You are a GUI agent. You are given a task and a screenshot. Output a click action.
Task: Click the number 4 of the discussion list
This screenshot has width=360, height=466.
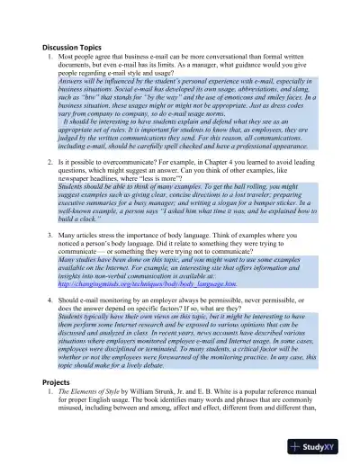(49, 295)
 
